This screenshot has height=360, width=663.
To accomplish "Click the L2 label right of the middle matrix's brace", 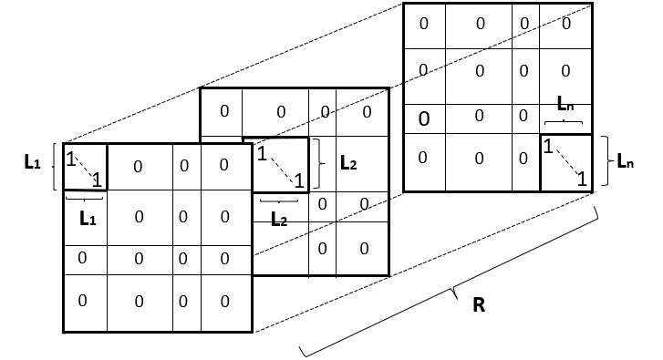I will tap(347, 163).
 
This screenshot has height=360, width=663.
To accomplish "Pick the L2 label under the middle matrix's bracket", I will tap(279, 220).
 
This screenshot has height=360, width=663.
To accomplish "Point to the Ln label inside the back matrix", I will tap(566, 106).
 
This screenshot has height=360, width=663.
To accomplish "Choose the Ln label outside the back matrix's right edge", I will tap(626, 162).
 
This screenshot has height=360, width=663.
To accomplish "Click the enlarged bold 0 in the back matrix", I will tap(424, 118).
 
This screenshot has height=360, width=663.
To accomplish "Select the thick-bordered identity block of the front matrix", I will tap(85, 168).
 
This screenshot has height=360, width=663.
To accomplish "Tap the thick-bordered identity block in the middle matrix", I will tap(276, 166).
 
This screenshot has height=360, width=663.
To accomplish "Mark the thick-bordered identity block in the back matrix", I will tap(565, 163).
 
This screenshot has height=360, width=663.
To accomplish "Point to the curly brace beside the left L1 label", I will tap(57, 166).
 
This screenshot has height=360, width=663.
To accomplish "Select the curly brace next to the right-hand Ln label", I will tap(606, 162).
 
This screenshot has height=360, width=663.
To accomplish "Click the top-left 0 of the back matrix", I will tap(424, 24).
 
